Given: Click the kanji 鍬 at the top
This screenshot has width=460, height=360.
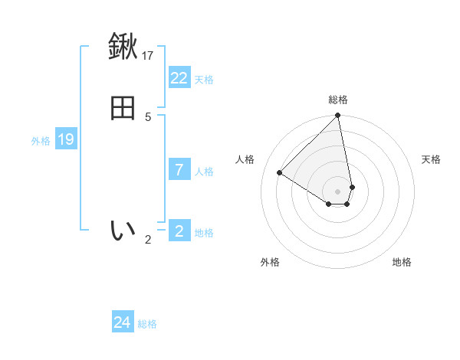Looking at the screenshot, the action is pyautogui.click(x=123, y=47).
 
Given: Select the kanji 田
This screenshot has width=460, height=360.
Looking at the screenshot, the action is pyautogui.click(x=123, y=108).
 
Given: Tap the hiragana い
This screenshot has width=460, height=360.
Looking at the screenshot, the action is pyautogui.click(x=123, y=231).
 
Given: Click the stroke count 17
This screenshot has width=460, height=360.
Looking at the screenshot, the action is pyautogui.click(x=149, y=55).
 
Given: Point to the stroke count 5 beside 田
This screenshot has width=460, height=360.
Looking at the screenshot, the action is pyautogui.click(x=148, y=116).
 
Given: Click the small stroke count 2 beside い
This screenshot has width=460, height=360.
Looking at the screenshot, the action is pyautogui.click(x=148, y=240).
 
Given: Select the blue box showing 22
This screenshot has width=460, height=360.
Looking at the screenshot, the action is pyautogui.click(x=179, y=78).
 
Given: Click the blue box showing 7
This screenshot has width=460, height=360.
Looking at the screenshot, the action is pyautogui.click(x=179, y=170).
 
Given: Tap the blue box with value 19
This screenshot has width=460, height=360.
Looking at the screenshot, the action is pyautogui.click(x=66, y=139).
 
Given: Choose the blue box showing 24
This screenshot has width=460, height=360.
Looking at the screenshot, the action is pyautogui.click(x=123, y=323).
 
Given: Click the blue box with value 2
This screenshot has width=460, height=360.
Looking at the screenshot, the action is pyautogui.click(x=179, y=231).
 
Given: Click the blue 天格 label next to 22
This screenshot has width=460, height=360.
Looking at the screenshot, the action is pyautogui.click(x=204, y=80).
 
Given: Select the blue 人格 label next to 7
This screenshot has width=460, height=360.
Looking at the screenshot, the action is pyautogui.click(x=204, y=172).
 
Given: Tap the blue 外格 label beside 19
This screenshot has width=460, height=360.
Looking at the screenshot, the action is pyautogui.click(x=41, y=141).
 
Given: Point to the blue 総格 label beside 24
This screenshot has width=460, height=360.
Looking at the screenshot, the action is pyautogui.click(x=147, y=325).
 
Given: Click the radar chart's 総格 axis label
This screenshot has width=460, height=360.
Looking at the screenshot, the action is pyautogui.click(x=338, y=100).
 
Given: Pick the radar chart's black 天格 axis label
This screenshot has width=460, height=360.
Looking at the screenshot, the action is pyautogui.click(x=431, y=159).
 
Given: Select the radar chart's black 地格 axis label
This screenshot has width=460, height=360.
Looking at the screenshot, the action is pyautogui.click(x=402, y=262).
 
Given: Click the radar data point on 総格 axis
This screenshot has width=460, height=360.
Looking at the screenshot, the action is pyautogui.click(x=337, y=116).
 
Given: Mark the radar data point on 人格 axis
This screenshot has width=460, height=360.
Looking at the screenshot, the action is pyautogui.click(x=280, y=173).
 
